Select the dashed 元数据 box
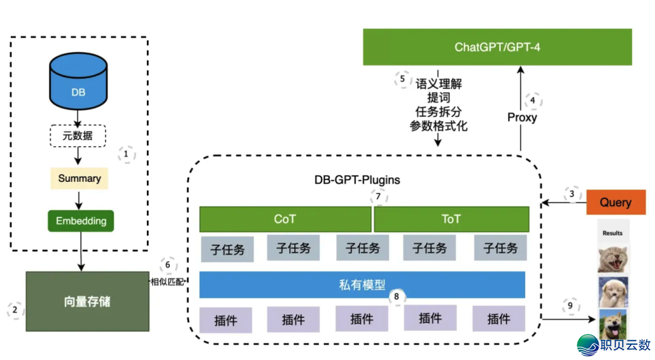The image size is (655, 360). click(x=78, y=136)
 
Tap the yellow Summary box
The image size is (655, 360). click(x=79, y=178)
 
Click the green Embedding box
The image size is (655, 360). click(x=81, y=221)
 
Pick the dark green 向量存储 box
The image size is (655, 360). click(x=87, y=301)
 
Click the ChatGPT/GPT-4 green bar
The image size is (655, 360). click(x=497, y=47)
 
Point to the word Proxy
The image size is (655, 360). click(x=522, y=117)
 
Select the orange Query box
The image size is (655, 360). click(x=615, y=202)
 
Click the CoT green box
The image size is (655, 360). click(x=285, y=219)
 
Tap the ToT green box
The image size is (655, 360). click(x=451, y=219)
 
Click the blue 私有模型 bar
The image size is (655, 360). click(x=362, y=284)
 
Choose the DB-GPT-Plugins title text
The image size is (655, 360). click(x=357, y=180)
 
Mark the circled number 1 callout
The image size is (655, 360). click(x=126, y=155)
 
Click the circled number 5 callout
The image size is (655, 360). click(x=401, y=79)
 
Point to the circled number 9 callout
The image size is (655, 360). click(x=570, y=305)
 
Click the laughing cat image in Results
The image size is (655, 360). click(x=613, y=259)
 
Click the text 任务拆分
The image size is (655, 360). click(x=438, y=112)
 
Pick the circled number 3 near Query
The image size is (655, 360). click(x=571, y=194)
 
